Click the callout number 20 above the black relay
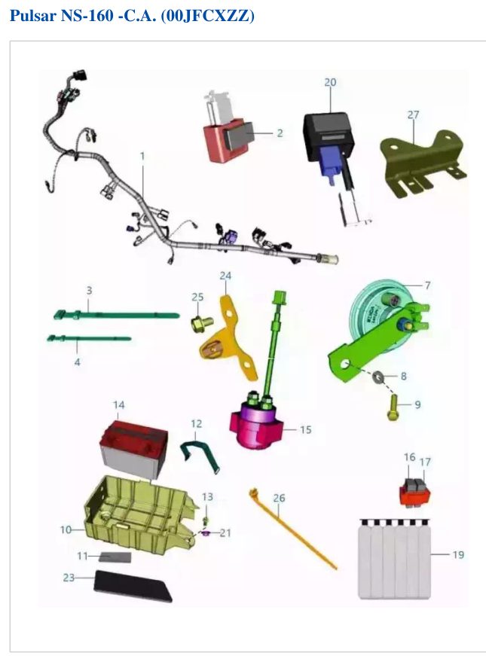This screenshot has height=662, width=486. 330,82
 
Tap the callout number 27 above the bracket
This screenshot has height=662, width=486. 413,114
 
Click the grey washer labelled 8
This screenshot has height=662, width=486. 377,376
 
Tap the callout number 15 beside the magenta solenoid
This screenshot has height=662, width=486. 305,430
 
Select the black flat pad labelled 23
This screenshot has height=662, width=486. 133,585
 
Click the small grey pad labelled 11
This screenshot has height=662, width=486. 115,557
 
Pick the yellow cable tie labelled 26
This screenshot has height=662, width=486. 293,530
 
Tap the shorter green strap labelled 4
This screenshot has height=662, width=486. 89,337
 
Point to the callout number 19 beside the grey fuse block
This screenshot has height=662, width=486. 458,554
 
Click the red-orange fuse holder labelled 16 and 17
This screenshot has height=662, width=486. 415,492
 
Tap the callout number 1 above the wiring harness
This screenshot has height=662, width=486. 142,156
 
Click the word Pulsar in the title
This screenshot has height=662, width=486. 33,16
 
